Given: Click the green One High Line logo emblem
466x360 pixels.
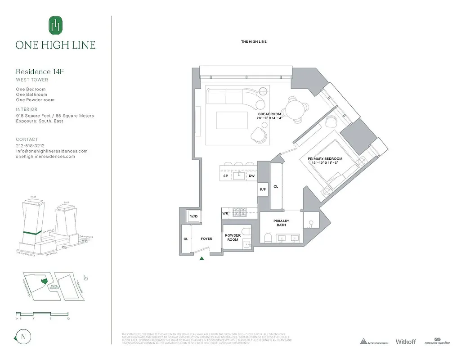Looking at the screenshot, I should (x=55, y=26).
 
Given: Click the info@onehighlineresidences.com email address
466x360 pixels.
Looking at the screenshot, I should (x=52, y=151).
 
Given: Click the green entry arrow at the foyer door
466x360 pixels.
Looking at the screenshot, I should (x=202, y=258).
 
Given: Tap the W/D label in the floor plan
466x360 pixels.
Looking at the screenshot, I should (x=194, y=216).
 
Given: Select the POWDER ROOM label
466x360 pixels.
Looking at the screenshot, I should (x=233, y=237).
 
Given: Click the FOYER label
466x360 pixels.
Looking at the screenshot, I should (x=206, y=239).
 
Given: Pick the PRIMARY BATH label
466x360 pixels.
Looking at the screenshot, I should (x=281, y=223).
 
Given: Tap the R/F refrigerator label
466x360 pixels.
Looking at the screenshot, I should (x=263, y=189).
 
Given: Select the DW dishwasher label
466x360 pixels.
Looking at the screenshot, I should (x=251, y=176).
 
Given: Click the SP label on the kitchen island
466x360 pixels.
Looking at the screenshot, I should (x=225, y=176).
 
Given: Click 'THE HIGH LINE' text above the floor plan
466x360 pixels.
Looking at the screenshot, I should (x=254, y=42).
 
